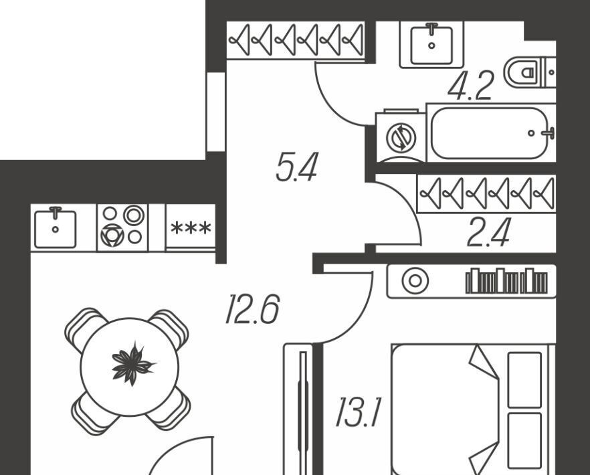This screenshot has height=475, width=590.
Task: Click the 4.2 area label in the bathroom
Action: tap(470, 86)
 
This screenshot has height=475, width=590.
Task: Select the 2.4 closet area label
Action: tap(488, 233)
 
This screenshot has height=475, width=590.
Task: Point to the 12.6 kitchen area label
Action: tap(252, 310)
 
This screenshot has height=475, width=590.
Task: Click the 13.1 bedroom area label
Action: tap(358, 413)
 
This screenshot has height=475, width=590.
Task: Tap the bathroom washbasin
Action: tap(431, 43)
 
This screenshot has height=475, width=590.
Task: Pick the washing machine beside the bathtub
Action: tap(401, 137)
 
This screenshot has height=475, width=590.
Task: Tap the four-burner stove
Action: tap(122, 227)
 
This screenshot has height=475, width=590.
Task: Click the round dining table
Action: tap(129, 367)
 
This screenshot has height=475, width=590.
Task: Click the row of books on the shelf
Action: tap(506, 282)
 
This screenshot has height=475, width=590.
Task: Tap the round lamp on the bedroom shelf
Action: tap(415, 281)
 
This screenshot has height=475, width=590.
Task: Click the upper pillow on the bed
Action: tap(524, 379)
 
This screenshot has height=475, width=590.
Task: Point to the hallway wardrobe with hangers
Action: tap(296, 41)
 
